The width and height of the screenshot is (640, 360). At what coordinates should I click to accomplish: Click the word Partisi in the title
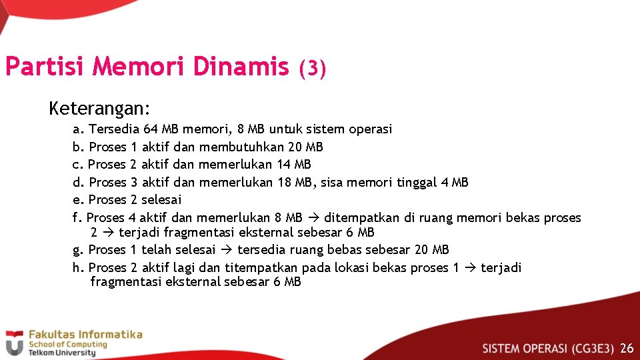click(x=45, y=67)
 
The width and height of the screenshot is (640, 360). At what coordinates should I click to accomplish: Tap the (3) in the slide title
click(x=312, y=69)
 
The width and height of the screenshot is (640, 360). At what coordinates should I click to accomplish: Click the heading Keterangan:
click(x=99, y=107)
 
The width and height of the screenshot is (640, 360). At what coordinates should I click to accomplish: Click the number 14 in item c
click(x=284, y=165)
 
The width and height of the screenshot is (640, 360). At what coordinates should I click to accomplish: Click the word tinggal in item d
click(x=417, y=182)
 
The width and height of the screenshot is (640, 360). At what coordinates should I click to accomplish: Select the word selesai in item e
click(x=161, y=200)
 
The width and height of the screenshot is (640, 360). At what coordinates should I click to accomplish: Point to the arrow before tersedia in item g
click(x=226, y=250)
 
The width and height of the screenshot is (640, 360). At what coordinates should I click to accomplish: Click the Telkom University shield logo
click(x=13, y=343)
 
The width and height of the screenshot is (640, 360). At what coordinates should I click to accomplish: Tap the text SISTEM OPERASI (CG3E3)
click(x=548, y=348)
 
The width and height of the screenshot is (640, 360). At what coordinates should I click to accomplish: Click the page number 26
click(x=627, y=348)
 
